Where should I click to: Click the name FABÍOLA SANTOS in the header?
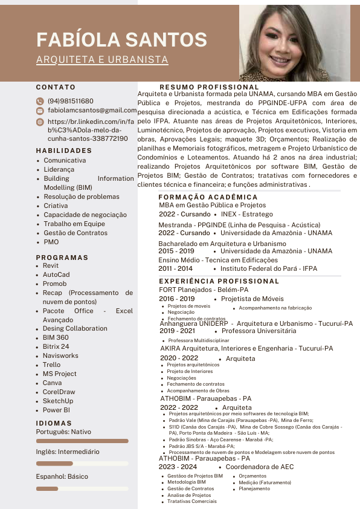(121, 39)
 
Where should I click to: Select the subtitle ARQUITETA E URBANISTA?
(102, 60)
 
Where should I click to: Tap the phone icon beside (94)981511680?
(40, 101)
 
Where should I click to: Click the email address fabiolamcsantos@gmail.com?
(92, 111)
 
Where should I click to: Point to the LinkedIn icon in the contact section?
(40, 122)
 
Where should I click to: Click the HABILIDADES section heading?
(64, 151)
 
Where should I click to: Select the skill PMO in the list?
(51, 242)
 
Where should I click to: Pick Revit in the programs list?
(51, 265)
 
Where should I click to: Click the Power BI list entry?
(56, 410)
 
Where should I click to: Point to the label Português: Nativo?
(63, 432)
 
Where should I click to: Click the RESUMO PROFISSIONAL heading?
(209, 88)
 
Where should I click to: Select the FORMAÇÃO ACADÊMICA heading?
(208, 198)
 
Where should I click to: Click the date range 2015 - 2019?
(176, 251)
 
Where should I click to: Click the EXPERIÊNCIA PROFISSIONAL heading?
(219, 281)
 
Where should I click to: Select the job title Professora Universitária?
(259, 331)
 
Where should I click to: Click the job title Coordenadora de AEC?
(259, 467)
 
